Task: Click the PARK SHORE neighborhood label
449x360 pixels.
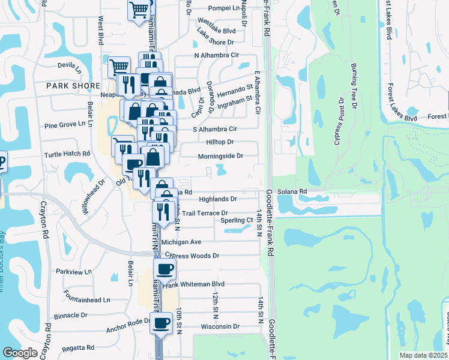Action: pos(74,86)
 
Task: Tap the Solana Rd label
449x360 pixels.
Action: pos(295,191)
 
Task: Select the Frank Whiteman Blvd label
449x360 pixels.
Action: pos(202,284)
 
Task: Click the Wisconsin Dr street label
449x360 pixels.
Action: pos(220,327)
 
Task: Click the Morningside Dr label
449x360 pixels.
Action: pos(220,156)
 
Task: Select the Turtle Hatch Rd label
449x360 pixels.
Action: pos(67,154)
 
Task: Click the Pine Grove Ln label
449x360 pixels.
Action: pos(67,126)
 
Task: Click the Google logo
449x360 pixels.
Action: pos(20,353)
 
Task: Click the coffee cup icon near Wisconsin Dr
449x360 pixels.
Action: pos(160,324)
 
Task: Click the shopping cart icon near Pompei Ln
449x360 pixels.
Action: pos(139,10)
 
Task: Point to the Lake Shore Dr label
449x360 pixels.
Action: pos(215,42)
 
